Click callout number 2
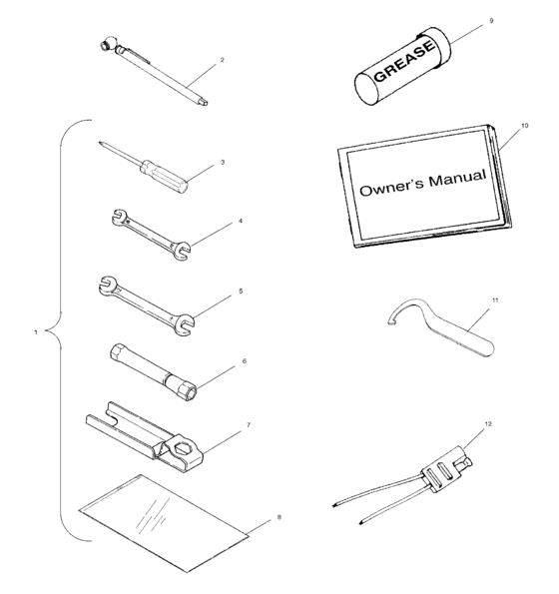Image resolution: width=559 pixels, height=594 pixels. [x=221, y=60]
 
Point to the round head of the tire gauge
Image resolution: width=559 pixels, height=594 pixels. [x=108, y=45]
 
